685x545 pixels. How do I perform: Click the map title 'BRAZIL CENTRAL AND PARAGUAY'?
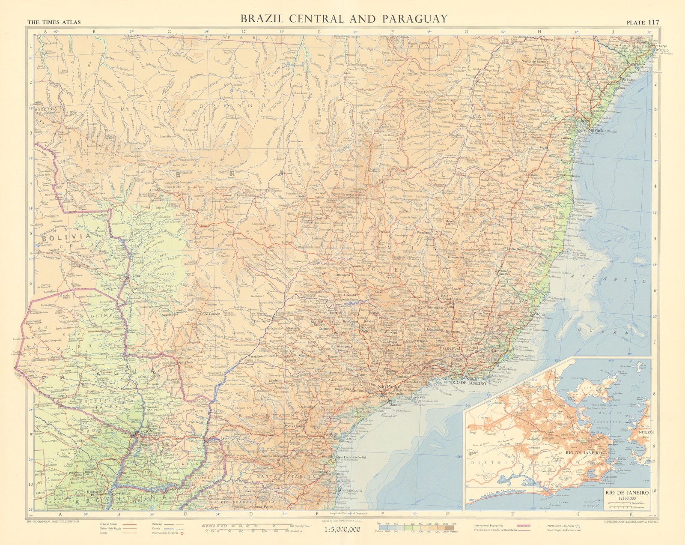344,18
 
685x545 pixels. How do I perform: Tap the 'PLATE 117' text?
643,23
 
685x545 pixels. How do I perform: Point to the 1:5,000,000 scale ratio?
340,530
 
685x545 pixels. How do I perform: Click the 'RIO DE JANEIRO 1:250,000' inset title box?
627,495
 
